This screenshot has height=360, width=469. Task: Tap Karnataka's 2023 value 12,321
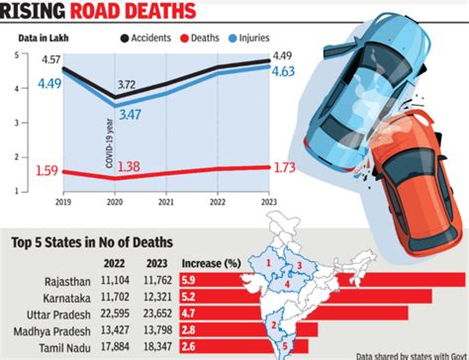click(x=157, y=296)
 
